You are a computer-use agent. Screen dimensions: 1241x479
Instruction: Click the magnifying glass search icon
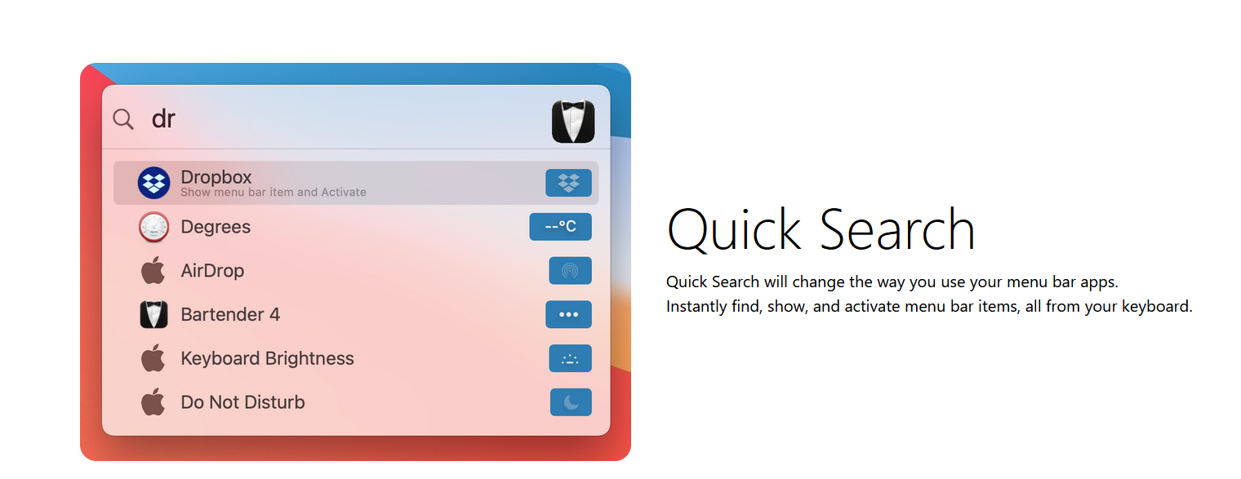[123, 118]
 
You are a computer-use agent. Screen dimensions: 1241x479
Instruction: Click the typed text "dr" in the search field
[163, 118]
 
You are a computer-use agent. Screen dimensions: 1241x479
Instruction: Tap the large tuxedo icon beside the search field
[573, 122]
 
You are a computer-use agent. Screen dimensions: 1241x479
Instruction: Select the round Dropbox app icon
[153, 183]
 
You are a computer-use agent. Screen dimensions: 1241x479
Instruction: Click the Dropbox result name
[216, 177]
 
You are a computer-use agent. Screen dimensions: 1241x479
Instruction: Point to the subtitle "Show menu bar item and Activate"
[274, 192]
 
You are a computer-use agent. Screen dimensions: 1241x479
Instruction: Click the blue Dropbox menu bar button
[568, 183]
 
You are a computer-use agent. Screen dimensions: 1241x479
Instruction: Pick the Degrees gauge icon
[153, 227]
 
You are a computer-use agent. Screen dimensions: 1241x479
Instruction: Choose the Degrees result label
[216, 227]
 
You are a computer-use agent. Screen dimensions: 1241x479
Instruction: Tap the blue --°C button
[560, 227]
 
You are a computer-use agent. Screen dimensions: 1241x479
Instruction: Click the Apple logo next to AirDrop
[153, 270]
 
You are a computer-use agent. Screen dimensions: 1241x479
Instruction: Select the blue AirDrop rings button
[570, 271]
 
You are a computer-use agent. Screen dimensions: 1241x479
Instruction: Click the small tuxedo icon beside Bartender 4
[153, 314]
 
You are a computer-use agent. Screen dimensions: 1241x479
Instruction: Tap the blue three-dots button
[568, 314]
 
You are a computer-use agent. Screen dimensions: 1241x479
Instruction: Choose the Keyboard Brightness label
[267, 358]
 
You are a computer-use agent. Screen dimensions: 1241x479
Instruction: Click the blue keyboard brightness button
[570, 358]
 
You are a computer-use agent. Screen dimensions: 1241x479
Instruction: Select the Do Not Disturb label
[242, 402]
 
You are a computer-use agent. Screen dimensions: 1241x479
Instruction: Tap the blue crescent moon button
[571, 402]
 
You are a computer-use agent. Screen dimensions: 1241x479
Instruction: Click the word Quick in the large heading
[734, 230]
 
